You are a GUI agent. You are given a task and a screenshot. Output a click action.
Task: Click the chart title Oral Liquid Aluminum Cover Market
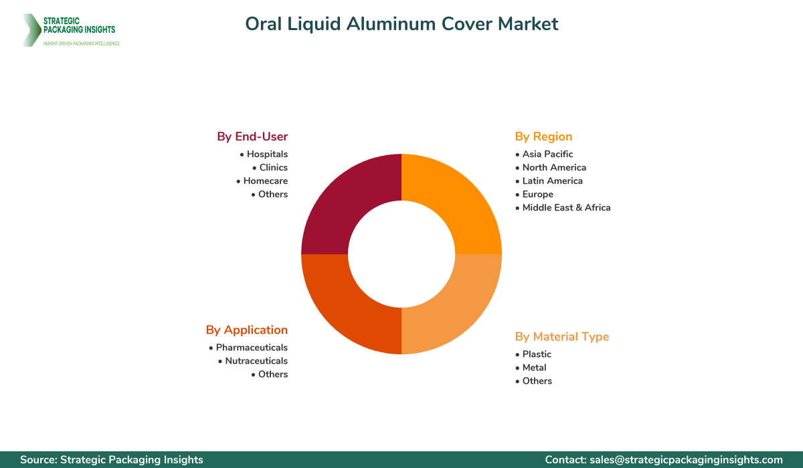pyautogui.click(x=401, y=24)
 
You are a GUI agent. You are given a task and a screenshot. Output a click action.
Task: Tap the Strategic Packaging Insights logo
pyautogui.click(x=70, y=30)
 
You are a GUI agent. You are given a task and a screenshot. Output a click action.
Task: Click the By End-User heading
pyautogui.click(x=252, y=136)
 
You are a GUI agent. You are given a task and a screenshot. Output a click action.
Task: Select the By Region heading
pyautogui.click(x=543, y=136)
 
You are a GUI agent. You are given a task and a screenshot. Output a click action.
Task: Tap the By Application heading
pyautogui.click(x=247, y=330)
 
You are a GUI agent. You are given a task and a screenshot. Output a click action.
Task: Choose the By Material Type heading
pyautogui.click(x=562, y=336)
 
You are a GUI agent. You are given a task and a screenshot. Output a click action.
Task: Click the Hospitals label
pyautogui.click(x=267, y=154)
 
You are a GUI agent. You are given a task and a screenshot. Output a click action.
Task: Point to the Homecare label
pyautogui.click(x=265, y=181)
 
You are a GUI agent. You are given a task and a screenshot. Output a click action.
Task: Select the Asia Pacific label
pyautogui.click(x=547, y=154)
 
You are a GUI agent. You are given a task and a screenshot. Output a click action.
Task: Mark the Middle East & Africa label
pyautogui.click(x=566, y=207)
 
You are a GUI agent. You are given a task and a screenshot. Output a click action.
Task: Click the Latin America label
pyautogui.click(x=552, y=181)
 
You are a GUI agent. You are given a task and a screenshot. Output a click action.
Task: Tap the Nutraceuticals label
pyautogui.click(x=256, y=360)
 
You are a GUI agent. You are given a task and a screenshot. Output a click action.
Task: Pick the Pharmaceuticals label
pyautogui.click(x=252, y=347)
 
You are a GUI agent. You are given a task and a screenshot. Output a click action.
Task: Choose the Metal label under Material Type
pyautogui.click(x=534, y=367)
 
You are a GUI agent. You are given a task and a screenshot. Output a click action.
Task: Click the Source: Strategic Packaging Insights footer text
pyautogui.click(x=112, y=459)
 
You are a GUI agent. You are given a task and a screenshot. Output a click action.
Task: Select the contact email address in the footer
pyautogui.click(x=685, y=459)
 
